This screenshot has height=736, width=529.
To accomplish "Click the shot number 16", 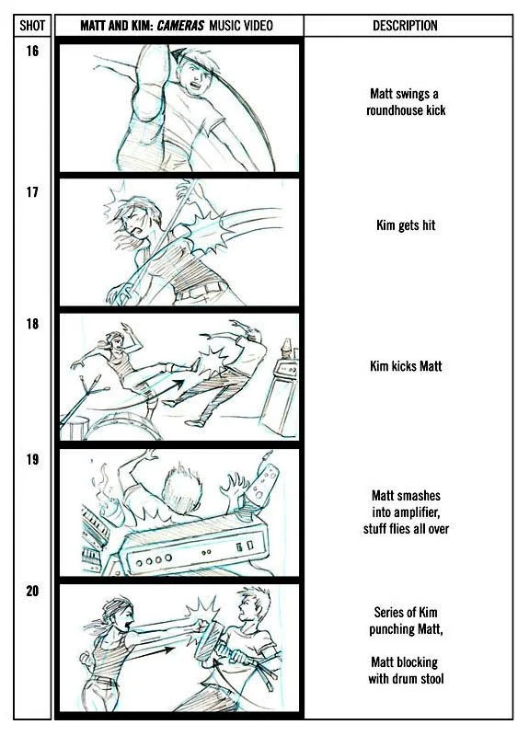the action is tap(32, 51).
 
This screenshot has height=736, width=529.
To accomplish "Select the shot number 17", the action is tap(32, 192).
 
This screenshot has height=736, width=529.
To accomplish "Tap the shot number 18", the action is tap(32, 324).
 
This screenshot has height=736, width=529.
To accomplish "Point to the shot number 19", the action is tap(32, 459).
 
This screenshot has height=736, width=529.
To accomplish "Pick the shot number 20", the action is tap(32, 591).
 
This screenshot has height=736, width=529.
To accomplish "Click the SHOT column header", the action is tap(32, 26).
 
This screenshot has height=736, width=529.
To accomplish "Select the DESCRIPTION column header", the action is tap(405, 26).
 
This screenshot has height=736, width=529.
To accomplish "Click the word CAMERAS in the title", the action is tap(180, 26).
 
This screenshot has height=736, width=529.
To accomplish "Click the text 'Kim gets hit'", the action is tap(406, 225).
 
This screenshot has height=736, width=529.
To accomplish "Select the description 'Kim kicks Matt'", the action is tap(406, 366).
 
